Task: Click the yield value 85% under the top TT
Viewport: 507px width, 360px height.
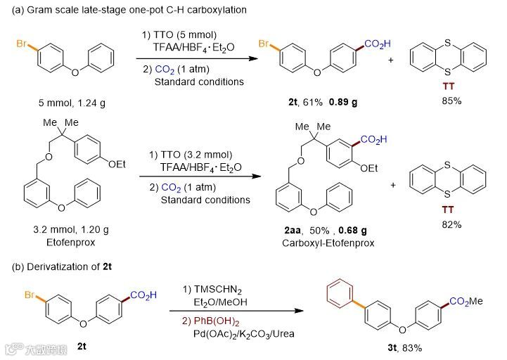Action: pos(451,101)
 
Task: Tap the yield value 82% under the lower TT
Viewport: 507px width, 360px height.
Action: pos(451,224)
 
